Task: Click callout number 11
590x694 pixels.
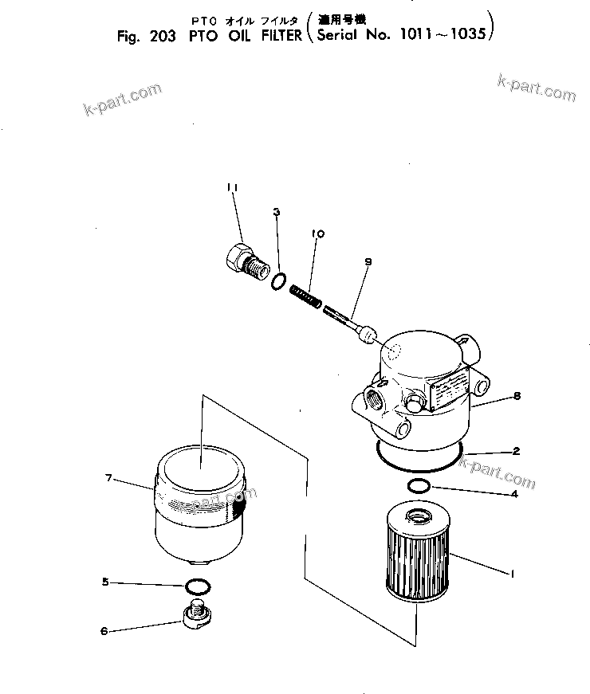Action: pos(232,187)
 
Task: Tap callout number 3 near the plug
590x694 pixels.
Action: pos(277,212)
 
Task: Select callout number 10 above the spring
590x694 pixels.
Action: pos(318,234)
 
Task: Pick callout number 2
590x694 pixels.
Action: pos(516,452)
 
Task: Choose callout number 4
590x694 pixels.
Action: pos(514,494)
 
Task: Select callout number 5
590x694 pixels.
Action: pos(104,582)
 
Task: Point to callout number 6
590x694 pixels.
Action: pos(104,631)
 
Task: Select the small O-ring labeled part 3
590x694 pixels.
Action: pos(278,281)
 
